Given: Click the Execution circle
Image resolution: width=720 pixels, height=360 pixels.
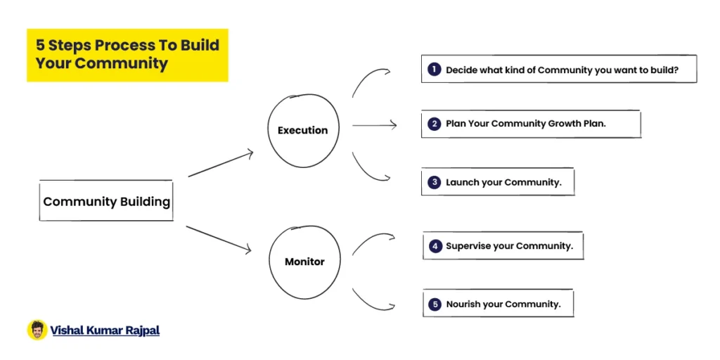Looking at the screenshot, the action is [268, 131].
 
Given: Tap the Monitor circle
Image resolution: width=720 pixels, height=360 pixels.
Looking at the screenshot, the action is [269, 262].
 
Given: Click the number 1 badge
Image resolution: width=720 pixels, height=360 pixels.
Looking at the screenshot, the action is [434, 70].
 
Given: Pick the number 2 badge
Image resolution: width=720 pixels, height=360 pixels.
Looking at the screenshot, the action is [434, 124].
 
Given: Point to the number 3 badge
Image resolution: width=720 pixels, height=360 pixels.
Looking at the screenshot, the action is [434, 182].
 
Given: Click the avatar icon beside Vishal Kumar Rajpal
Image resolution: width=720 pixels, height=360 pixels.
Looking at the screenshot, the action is [37, 330].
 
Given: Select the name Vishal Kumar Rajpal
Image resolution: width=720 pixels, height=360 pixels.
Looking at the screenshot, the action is [105, 330].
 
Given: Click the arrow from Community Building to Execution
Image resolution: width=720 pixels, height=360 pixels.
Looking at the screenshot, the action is [221, 163].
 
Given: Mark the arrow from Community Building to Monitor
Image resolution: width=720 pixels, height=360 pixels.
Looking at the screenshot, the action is [219, 239].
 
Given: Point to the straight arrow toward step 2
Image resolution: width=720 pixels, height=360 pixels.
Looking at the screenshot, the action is [374, 124].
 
